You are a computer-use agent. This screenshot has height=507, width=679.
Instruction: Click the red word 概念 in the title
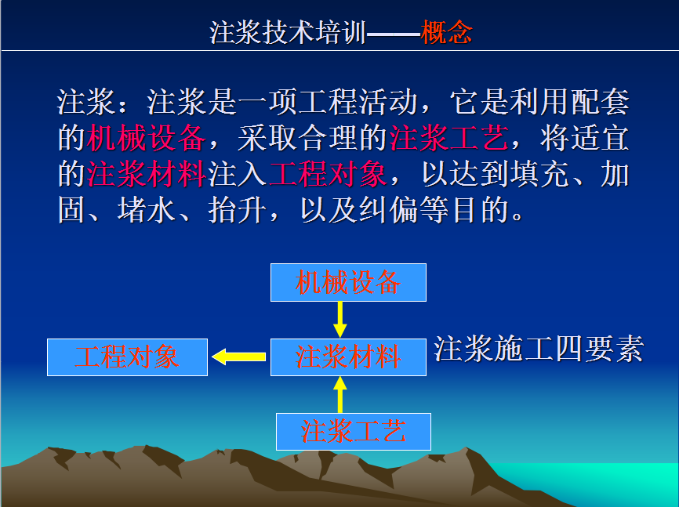click(446, 32)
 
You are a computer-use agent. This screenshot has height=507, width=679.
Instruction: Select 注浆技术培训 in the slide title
click(288, 32)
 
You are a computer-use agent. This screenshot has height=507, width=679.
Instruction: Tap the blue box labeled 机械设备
click(348, 282)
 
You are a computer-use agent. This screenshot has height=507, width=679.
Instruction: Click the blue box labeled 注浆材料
click(348, 357)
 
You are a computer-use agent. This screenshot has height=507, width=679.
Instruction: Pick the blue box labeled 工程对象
click(127, 357)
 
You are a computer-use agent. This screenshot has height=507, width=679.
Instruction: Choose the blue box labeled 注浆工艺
click(354, 432)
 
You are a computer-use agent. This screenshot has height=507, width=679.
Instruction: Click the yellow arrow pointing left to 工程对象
click(238, 357)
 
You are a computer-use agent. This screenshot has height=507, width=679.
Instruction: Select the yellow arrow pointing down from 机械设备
click(340, 320)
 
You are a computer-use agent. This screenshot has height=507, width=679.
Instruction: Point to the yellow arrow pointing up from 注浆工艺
click(340, 394)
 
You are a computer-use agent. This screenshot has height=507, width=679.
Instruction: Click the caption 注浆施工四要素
click(539, 349)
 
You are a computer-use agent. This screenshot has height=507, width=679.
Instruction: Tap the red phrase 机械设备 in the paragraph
click(146, 139)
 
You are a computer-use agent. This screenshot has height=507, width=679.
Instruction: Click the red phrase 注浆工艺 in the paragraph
click(449, 139)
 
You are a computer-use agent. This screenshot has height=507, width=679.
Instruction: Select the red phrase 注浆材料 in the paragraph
click(146, 175)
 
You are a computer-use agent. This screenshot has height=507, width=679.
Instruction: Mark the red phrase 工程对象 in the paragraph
click(328, 175)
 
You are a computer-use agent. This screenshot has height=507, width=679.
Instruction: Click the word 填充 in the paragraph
click(539, 175)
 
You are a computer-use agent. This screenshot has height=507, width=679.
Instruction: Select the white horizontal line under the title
click(339, 51)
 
